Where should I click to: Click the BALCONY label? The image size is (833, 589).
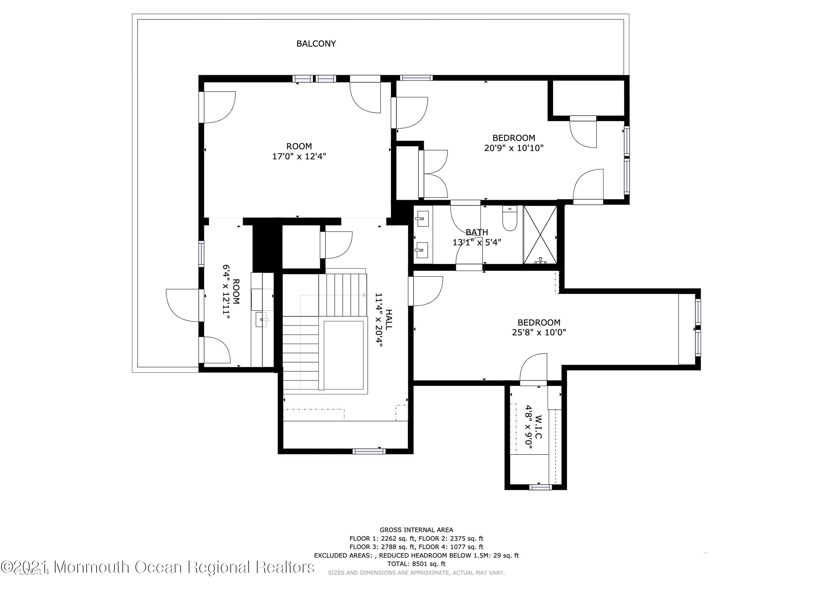[x=316, y=44]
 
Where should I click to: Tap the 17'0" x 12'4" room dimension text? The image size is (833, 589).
[x=299, y=156]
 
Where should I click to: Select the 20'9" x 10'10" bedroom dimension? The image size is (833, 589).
[x=513, y=148]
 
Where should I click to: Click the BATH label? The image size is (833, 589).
[x=476, y=232]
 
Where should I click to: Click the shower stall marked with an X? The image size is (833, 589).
[x=540, y=234]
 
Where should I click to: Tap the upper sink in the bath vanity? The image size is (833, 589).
[x=422, y=218]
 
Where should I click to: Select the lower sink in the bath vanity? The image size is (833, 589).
[x=422, y=250]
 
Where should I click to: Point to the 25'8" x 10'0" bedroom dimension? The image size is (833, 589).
[x=539, y=332]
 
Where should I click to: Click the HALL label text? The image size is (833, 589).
[x=388, y=319]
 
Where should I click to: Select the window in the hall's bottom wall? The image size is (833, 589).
[x=369, y=451]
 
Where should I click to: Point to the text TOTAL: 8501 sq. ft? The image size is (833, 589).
[x=416, y=564]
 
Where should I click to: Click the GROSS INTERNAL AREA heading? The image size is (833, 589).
[x=416, y=530]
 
